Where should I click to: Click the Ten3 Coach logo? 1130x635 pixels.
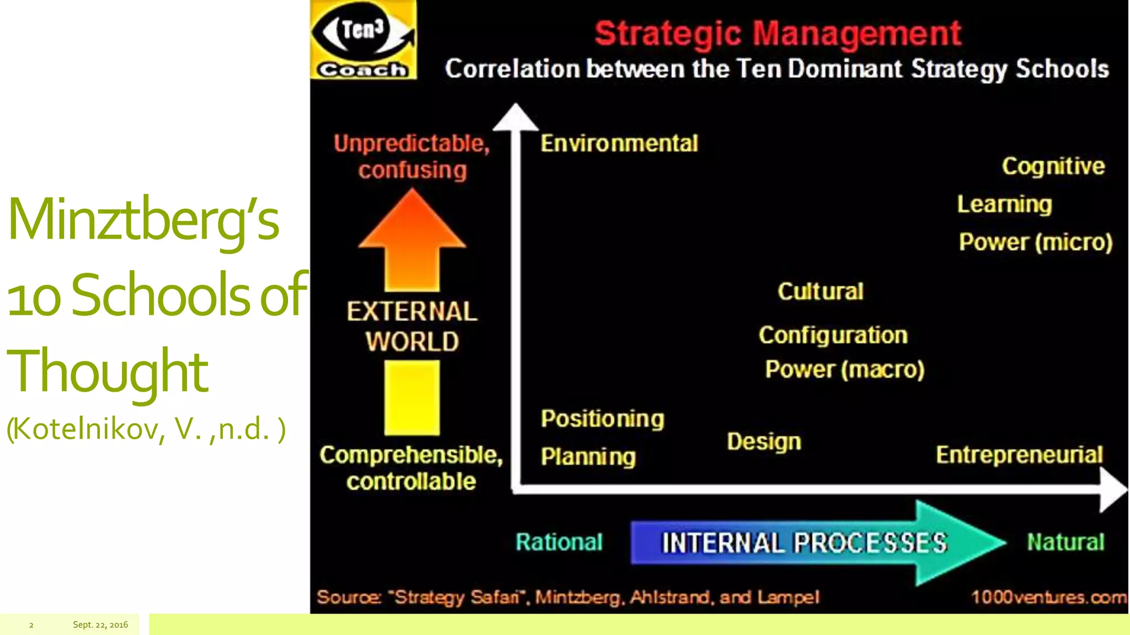coord(363,40)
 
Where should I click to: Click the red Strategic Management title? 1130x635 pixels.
coord(777,33)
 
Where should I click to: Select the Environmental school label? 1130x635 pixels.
coord(619,143)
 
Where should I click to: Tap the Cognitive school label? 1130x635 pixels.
coord(1053,166)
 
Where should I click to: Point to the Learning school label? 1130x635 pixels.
coord(1004,205)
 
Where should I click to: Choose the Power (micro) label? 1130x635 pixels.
coord(1036,242)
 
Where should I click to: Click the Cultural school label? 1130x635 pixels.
coord(820,292)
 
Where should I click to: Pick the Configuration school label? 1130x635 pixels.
coord(833,335)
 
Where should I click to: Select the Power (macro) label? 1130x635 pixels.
coord(845,369)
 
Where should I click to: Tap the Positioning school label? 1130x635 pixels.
coord(603,419)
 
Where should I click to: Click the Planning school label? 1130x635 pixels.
coord(588,457)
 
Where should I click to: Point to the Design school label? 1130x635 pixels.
coord(764,442)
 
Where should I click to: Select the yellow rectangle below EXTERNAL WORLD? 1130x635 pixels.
coord(412,397)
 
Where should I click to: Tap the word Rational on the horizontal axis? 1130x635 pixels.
coord(559,542)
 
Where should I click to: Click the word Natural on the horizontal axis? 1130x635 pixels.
coord(1065,542)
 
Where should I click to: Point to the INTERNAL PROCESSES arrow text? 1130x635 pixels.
coord(804,543)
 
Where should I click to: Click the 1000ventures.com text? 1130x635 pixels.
coord(1048,597)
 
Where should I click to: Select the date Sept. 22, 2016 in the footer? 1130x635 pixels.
coord(100,625)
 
